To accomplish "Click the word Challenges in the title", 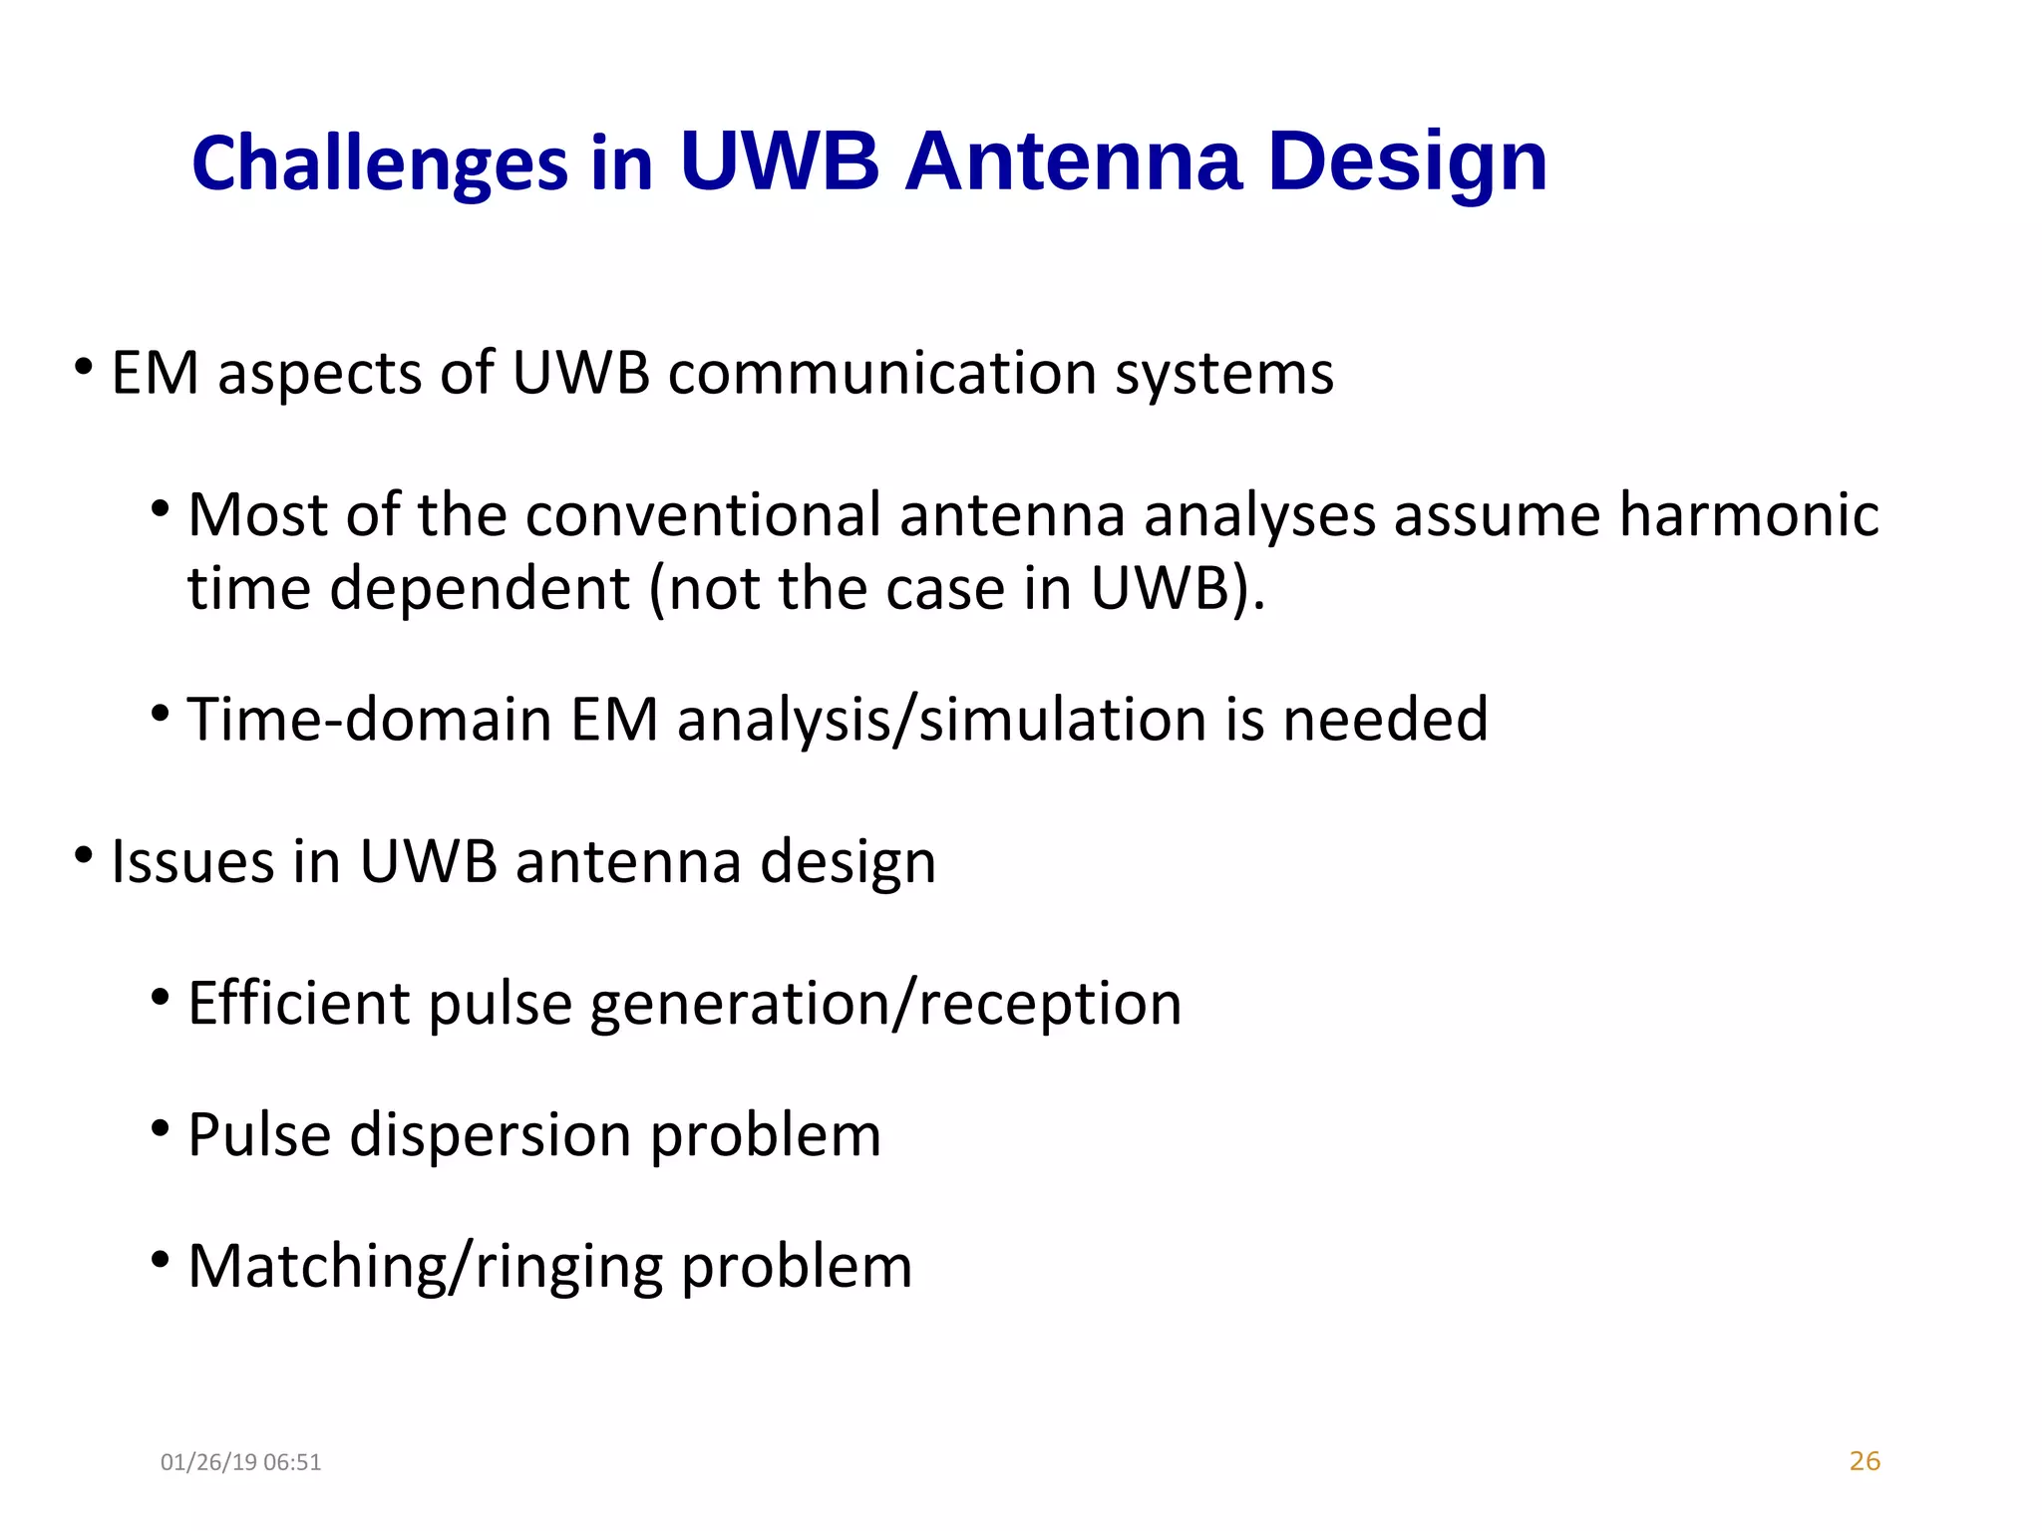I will pyautogui.click(x=379, y=163).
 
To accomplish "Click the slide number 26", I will pyautogui.click(x=1864, y=1461).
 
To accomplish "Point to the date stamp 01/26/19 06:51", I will pyautogui.click(x=240, y=1462).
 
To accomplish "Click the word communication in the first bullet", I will pyautogui.click(x=881, y=374).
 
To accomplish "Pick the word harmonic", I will pyautogui.click(x=1748, y=515).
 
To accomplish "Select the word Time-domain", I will pyautogui.click(x=369, y=719).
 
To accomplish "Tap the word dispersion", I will pyautogui.click(x=490, y=1135).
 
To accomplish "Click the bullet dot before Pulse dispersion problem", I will pyautogui.click(x=161, y=1128).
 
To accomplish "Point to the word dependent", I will pyautogui.click(x=479, y=589).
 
